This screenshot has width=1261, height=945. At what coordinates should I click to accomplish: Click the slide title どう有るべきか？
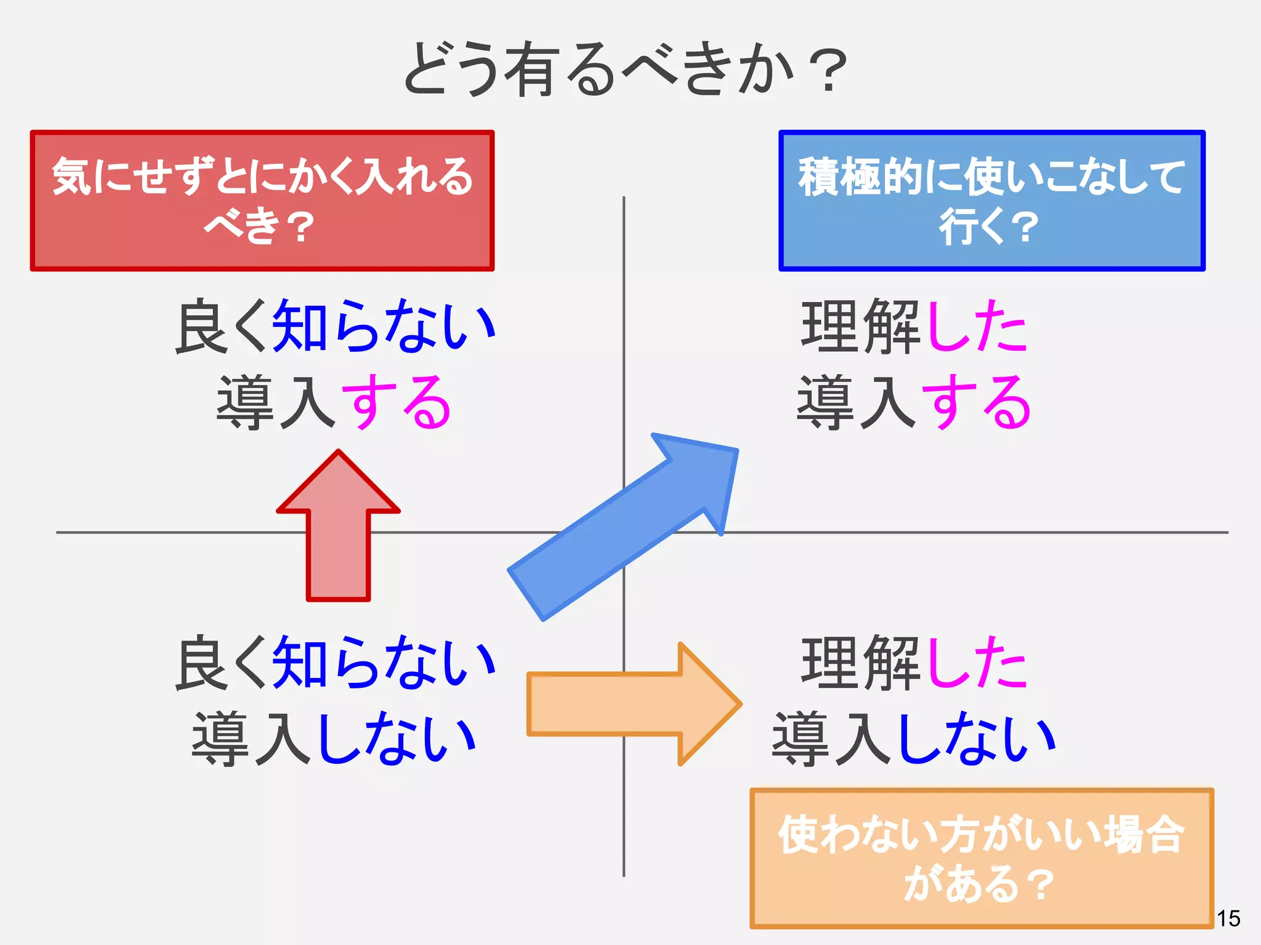tap(624, 69)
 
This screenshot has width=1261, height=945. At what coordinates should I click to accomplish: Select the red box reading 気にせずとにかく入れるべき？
tap(262, 201)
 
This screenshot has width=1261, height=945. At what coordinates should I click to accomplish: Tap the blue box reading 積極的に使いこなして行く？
tap(991, 201)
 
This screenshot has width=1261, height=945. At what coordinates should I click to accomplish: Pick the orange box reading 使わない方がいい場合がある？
tap(981, 858)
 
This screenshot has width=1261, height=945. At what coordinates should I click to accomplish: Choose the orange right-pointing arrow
tap(634, 704)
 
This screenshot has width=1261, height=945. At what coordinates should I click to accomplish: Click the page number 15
tap(1228, 919)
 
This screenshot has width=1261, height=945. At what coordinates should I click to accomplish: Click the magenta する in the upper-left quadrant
tap(396, 403)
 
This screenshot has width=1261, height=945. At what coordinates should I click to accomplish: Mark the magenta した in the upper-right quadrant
tap(977, 326)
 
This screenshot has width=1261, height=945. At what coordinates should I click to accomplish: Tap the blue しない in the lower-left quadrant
tap(397, 738)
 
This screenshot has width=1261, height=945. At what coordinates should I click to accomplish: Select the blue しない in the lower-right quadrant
tap(978, 738)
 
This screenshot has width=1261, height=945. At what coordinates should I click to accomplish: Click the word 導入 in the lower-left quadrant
tap(252, 738)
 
